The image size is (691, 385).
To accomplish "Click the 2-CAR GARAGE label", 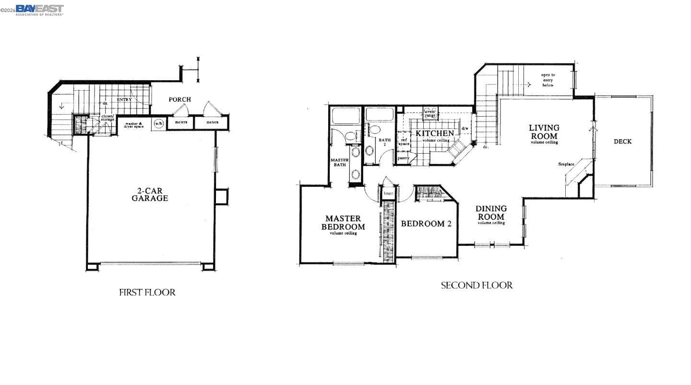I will tap(150, 194).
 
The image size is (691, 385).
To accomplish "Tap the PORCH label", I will tap(180, 99).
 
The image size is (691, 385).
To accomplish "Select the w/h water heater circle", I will tap(158, 123).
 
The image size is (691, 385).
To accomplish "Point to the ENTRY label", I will tap(124, 99).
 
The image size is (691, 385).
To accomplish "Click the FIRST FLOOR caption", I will tap(147, 292).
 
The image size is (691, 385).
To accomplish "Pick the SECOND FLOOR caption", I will tap(477, 286).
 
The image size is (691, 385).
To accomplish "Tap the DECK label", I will tap(622, 142).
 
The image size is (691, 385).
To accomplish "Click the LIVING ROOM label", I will tap(544, 132).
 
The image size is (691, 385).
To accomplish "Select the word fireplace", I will tap(566, 164).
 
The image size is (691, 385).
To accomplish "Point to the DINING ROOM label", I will tap(491, 213).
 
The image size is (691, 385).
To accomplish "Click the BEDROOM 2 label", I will tap(426, 224).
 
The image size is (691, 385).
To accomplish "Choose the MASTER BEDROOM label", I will tap(343, 223).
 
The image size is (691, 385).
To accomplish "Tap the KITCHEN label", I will tap(435, 133).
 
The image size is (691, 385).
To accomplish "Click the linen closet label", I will tap(388, 193).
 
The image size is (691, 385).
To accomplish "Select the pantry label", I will tap(403, 158).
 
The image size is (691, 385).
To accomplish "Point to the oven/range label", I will tap(430, 114).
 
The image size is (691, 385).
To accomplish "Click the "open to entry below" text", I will tap(548, 80).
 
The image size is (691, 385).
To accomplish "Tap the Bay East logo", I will tap(39, 10).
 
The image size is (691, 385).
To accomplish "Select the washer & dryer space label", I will tap(134, 125).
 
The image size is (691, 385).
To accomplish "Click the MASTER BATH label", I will tap(340, 162).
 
